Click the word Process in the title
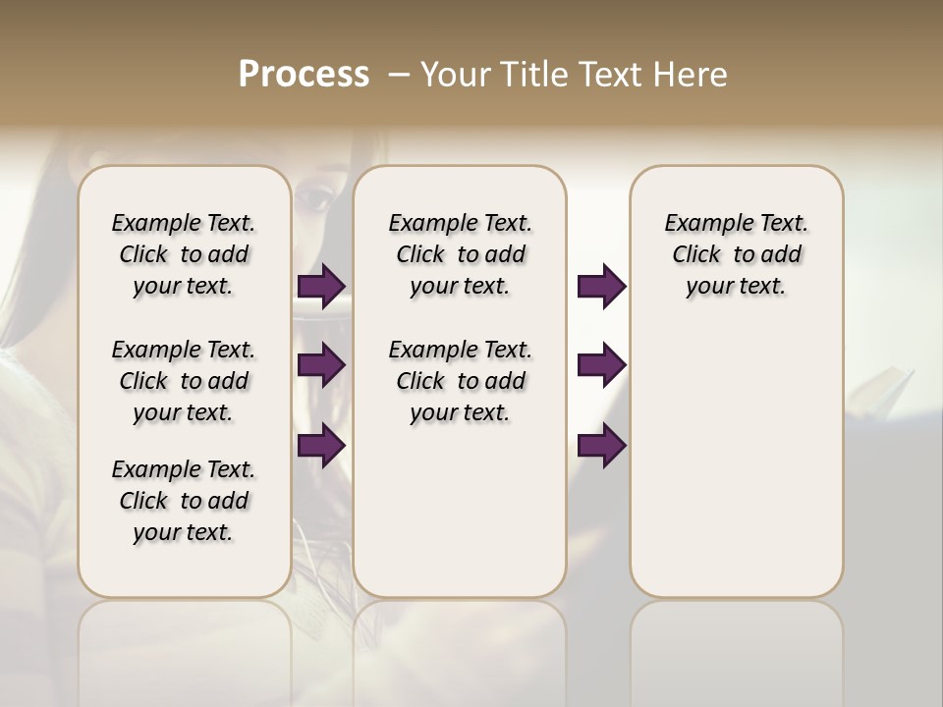(x=304, y=75)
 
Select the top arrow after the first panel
(x=321, y=287)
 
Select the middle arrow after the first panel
(x=321, y=365)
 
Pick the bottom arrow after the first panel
(x=321, y=446)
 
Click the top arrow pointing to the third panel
(x=601, y=287)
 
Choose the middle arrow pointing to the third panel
(x=601, y=365)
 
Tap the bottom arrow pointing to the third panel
(x=601, y=446)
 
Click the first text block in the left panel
(x=184, y=254)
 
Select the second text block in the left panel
(x=184, y=381)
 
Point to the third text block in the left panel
(x=184, y=501)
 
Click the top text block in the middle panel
(x=460, y=254)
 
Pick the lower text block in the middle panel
(x=460, y=381)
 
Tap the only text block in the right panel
(x=736, y=254)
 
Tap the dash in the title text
(x=398, y=75)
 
